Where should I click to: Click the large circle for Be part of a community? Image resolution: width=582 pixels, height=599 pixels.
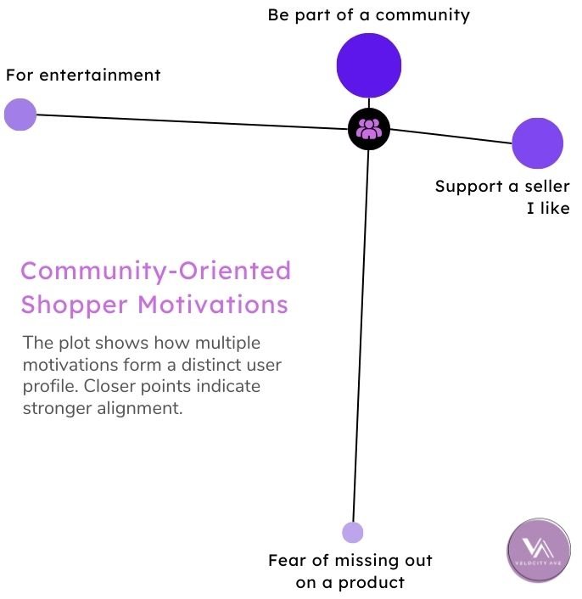pos(368,65)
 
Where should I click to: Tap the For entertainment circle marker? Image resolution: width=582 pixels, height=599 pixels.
pos(20,115)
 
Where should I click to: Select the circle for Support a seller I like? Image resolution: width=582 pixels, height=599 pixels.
pos(537,143)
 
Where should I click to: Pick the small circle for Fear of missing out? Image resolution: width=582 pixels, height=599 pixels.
pos(352,532)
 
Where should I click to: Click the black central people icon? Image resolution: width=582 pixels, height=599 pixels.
pos(369,129)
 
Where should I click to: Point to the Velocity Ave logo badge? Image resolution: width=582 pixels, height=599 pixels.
pos(539,551)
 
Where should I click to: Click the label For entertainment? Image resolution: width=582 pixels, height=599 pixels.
pos(83,75)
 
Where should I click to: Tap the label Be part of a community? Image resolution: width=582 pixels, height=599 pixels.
pos(368,14)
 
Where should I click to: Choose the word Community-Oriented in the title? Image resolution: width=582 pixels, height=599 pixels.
pos(155,271)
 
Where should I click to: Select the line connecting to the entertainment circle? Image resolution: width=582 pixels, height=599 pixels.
pos(187,121)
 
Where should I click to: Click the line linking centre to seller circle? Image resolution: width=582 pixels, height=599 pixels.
pos(450,136)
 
